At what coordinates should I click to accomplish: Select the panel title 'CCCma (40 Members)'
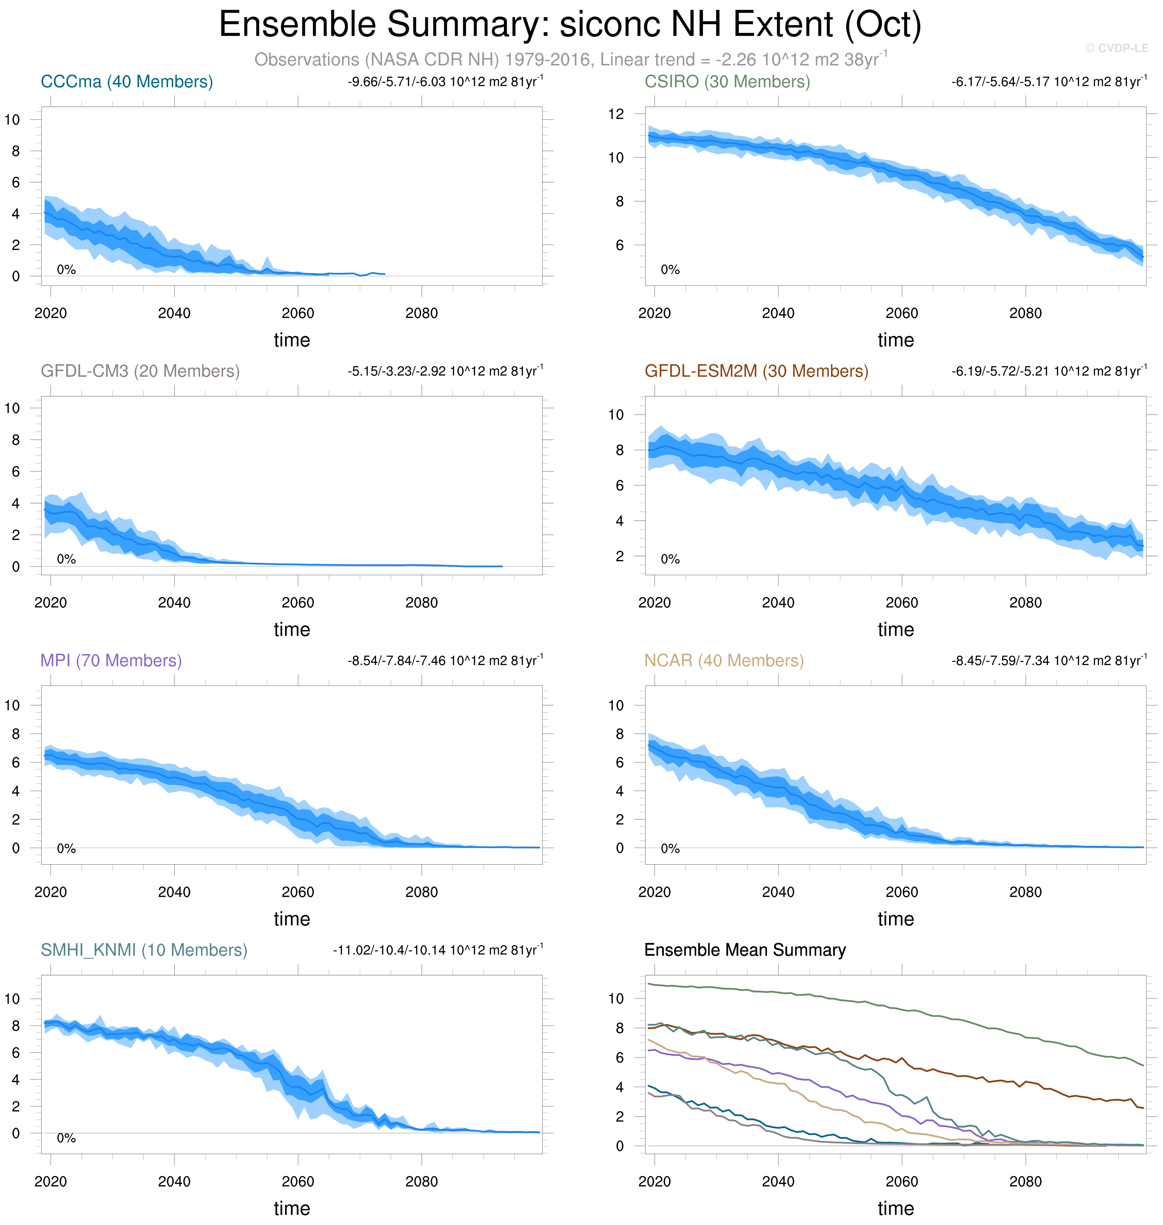(126, 82)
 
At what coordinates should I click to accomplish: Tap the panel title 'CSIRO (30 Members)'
(727, 82)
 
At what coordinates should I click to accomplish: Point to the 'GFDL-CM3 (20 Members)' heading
(140, 371)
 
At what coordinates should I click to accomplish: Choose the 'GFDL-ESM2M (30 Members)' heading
(756, 371)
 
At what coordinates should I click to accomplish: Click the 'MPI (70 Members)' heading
(111, 661)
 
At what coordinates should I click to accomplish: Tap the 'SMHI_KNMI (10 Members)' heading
(144, 950)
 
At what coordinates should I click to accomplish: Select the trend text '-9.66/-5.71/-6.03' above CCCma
(397, 82)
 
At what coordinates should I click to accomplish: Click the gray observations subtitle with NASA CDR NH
(570, 60)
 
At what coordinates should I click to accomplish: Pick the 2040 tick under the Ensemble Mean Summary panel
(778, 1182)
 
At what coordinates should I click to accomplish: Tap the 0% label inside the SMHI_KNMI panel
(66, 1138)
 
